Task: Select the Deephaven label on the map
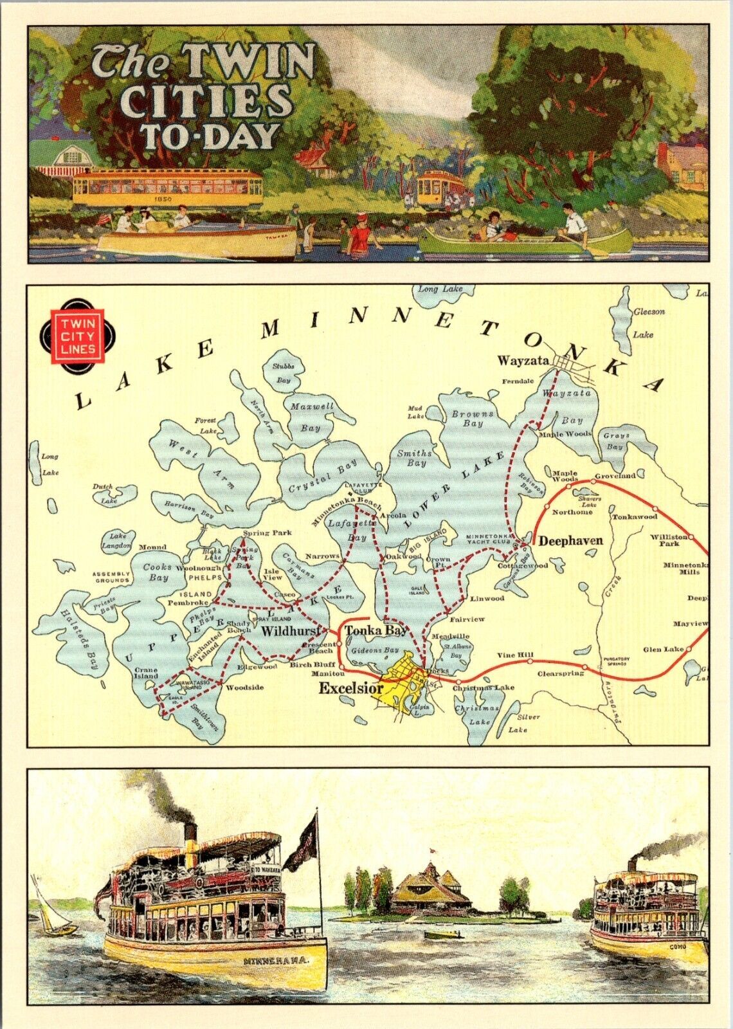pos(570,541)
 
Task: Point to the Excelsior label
pos(351,688)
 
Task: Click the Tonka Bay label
pos(376,631)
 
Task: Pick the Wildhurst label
pos(289,632)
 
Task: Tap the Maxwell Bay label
pos(312,417)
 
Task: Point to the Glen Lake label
pos(664,650)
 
